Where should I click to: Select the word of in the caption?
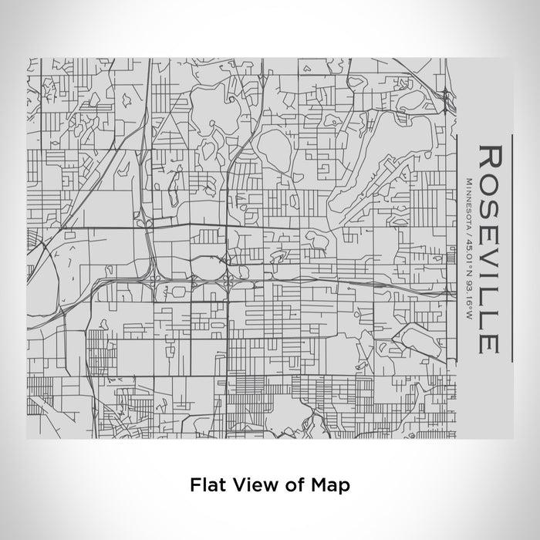coord(287,485)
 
